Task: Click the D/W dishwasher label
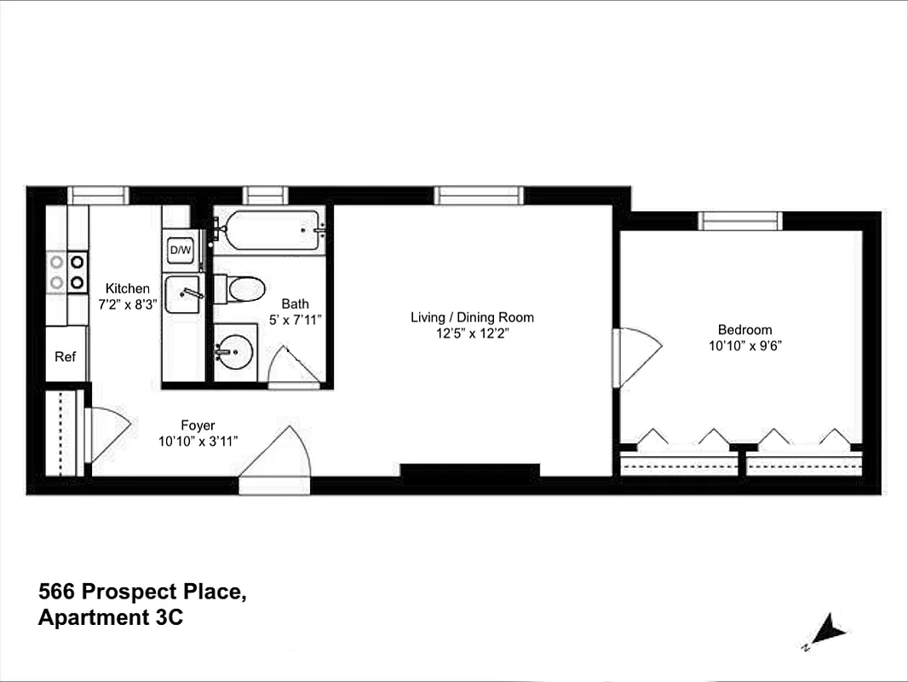(181, 250)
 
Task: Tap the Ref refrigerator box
(66, 355)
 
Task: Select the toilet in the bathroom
(241, 289)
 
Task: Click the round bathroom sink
(233, 350)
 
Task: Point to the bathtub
(267, 229)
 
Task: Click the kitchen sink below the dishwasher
(182, 294)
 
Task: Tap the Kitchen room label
(127, 288)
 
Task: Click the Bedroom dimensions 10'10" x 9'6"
(744, 345)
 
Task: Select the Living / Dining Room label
(472, 317)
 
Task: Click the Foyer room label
(198, 425)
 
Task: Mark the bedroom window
(739, 221)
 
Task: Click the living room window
(478, 195)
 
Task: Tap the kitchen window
(98, 195)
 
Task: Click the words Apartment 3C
(110, 618)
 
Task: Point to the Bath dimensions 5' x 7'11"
(296, 319)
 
